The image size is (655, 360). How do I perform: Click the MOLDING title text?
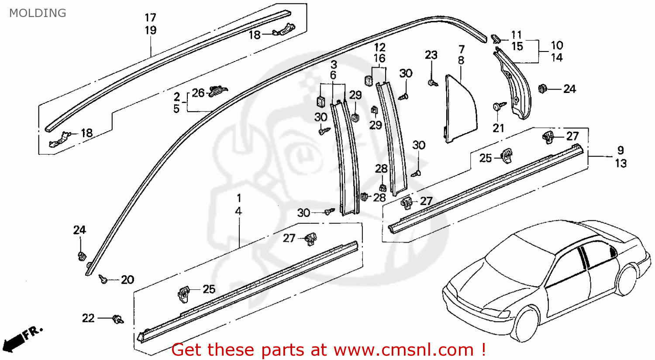pos(38,13)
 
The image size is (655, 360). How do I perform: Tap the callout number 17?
pos(150,18)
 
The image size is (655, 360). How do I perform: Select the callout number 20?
pos(127,280)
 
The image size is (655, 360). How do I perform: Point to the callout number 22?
pos(88,318)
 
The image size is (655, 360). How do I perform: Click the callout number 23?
pos(431,55)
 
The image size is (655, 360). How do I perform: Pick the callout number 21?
pos(498,128)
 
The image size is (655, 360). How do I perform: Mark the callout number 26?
pos(198,93)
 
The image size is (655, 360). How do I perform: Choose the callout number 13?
pos(621,163)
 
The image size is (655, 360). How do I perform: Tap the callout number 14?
pos(557,58)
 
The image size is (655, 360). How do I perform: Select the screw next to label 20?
pos(103,278)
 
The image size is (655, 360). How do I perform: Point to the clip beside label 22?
pos(117,319)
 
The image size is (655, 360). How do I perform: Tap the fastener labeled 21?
pos(499,106)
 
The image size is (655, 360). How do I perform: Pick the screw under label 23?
pos(431,82)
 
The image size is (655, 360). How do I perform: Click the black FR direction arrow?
pos(13,341)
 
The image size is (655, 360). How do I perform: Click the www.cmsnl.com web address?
pos(403,350)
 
